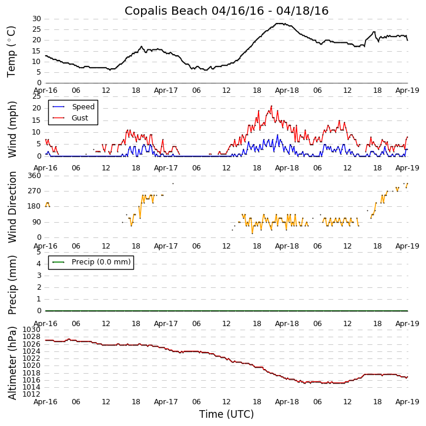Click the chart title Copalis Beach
226,11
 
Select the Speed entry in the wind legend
83,107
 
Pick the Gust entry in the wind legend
82,118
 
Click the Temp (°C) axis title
12,51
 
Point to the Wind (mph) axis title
13,129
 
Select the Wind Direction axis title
13,207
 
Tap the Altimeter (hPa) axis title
13,363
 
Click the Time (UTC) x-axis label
226,414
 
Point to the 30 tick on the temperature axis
36,19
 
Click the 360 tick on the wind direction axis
34,176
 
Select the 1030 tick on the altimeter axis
32,330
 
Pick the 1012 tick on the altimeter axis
32,394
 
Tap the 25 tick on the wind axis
36,96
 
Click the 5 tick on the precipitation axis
39,251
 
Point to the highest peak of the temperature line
278,24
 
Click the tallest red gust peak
271,106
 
